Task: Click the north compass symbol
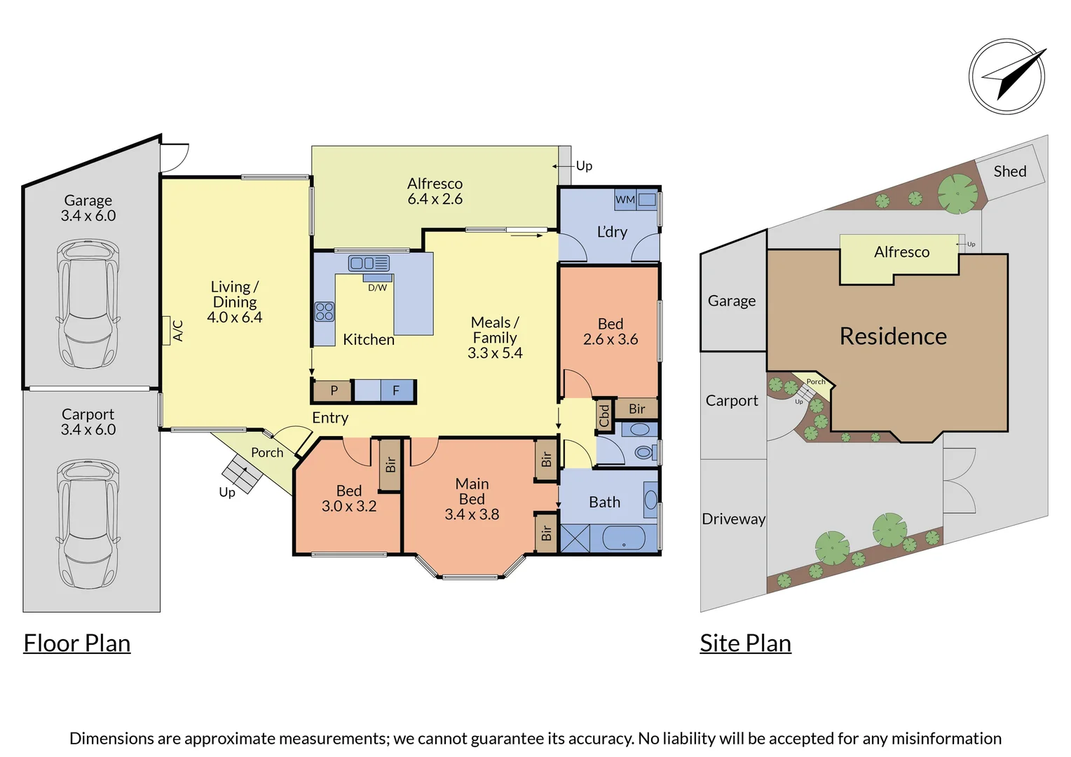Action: [x=1007, y=76]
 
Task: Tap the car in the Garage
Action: [x=88, y=304]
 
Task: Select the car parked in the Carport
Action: [x=88, y=524]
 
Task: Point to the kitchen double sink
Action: [x=369, y=264]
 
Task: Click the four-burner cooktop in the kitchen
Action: [x=324, y=311]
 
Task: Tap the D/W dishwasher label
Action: [x=377, y=287]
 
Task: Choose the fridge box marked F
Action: [x=396, y=390]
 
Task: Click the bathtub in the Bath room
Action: [x=624, y=538]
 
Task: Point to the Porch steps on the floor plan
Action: [x=243, y=474]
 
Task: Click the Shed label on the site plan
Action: [x=1009, y=171]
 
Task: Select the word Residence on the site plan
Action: [x=893, y=336]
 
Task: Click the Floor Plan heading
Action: [x=77, y=643]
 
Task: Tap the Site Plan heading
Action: [x=745, y=643]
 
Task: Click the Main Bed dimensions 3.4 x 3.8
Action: [x=472, y=514]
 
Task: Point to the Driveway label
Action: [x=733, y=519]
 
